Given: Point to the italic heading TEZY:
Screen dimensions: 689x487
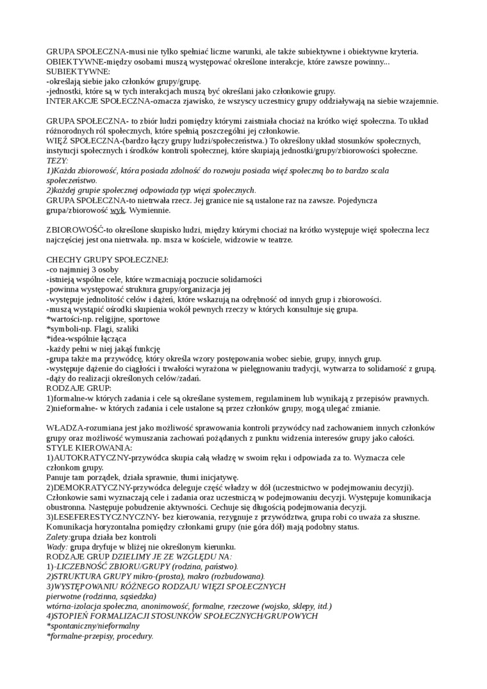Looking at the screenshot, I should (57, 160).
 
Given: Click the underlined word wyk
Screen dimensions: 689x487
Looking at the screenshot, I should (117, 210).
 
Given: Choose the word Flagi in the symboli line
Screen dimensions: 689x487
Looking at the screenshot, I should (101, 329).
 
